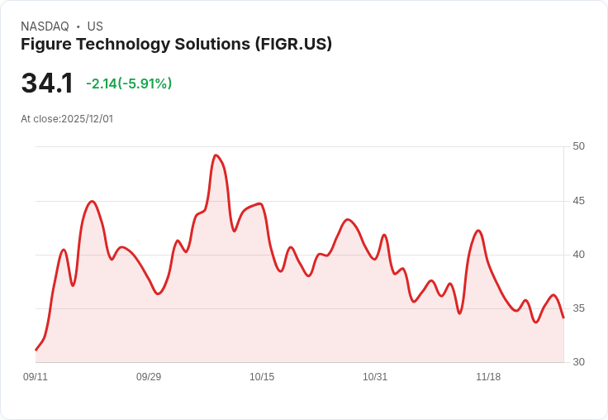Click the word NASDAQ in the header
[45, 26]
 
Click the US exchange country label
[95, 26]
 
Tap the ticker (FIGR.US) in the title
[293, 45]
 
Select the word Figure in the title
[46, 45]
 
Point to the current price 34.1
[47, 83]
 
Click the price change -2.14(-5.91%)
[129, 84]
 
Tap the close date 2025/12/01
[87, 119]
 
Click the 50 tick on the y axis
[578, 146]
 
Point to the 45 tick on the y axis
[578, 201]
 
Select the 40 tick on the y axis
[578, 255]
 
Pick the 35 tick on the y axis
[578, 308]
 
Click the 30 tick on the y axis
[578, 362]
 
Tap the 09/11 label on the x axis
[36, 377]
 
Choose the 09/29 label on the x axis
[149, 377]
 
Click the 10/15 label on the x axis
[262, 377]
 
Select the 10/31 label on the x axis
[375, 377]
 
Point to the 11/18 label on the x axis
[488, 377]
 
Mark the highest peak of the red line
[216, 155]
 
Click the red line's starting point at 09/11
[36, 350]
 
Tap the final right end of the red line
[563, 317]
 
